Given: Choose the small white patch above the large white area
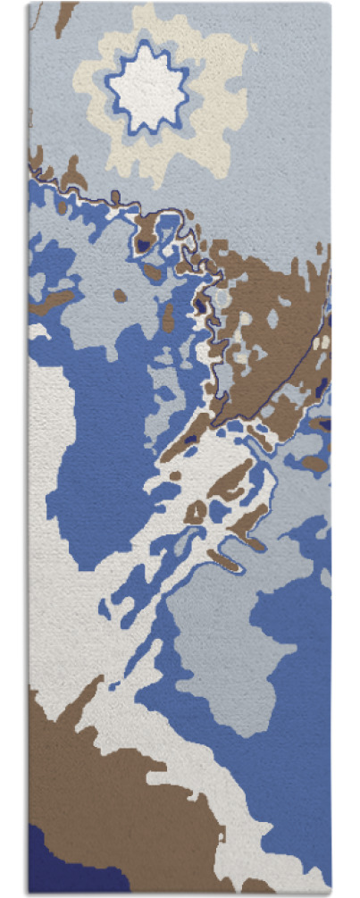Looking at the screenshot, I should [x=38, y=331].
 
